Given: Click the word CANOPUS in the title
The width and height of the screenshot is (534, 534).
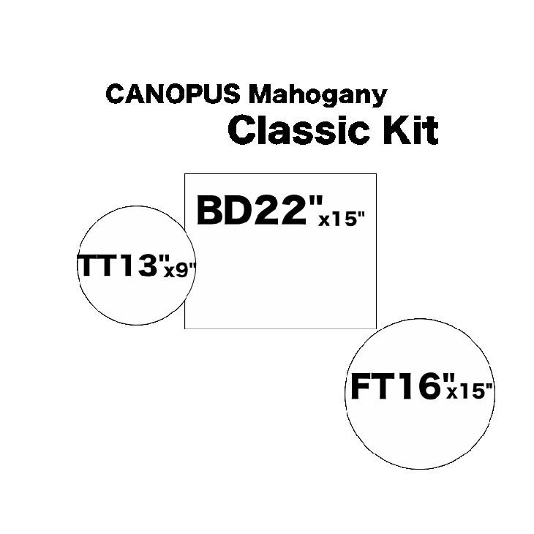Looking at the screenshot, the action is click(173, 94).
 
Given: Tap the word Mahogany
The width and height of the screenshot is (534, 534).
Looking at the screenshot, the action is click(317, 96).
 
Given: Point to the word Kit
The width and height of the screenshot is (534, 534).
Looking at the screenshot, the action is click(410, 130).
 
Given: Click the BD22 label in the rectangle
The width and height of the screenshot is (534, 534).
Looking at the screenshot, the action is click(252, 210).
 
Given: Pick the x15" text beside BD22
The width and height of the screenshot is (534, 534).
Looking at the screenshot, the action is click(342, 219).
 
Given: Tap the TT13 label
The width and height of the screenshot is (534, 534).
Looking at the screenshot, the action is click(118, 265).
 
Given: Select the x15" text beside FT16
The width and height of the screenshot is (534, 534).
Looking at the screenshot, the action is click(470, 391).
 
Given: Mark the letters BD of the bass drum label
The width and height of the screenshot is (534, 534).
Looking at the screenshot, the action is click(223, 210).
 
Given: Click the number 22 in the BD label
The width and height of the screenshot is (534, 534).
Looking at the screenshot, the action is click(279, 210).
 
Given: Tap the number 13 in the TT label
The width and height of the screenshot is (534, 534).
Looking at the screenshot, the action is click(140, 265).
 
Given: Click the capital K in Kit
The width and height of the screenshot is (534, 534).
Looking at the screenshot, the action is click(396, 130).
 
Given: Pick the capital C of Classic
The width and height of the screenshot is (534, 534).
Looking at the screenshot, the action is click(241, 130).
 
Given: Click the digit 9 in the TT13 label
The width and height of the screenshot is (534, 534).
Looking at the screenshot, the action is click(182, 271).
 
